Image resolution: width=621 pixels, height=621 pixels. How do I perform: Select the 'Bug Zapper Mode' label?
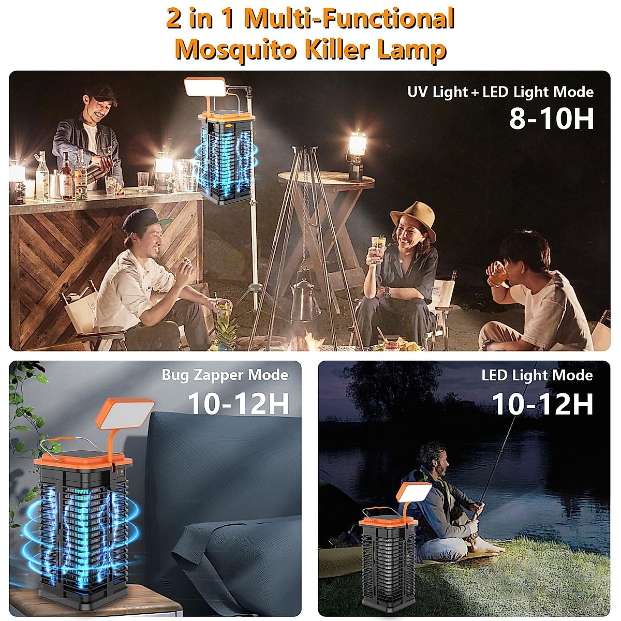tap(225, 375)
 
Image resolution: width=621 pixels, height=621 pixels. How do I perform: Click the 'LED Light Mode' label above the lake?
tap(537, 375)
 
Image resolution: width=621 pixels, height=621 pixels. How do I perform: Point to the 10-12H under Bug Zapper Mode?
tap(238, 404)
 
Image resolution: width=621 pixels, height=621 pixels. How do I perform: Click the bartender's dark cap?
tap(101, 94)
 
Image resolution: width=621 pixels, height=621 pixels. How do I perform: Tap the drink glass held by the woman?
tap(378, 248)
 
